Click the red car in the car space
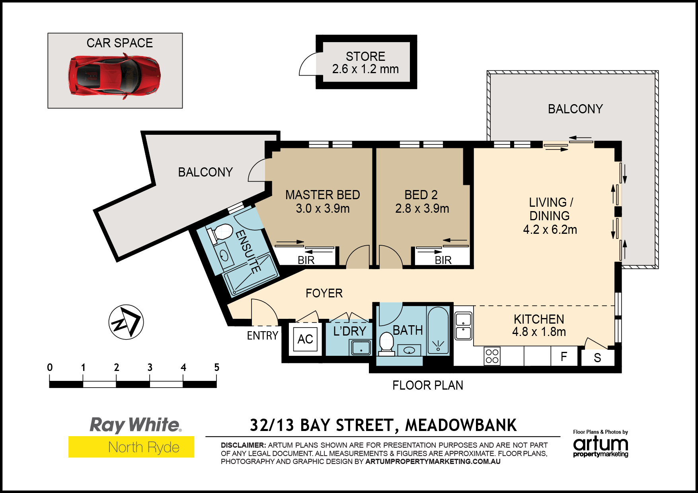(115, 76)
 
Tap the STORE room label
(365, 56)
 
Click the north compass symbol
(126, 322)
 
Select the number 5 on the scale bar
(216, 367)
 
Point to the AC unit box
(305, 339)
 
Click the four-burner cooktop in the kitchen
(492, 356)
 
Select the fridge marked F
(564, 356)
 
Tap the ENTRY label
(263, 336)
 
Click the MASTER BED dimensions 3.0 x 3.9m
(323, 209)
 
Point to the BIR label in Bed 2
(443, 260)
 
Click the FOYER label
(324, 293)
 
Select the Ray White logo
(135, 425)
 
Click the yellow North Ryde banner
(131, 447)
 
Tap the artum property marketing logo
(601, 444)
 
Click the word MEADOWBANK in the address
(461, 425)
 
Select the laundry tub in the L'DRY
(361, 348)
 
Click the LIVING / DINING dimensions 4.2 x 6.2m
(550, 230)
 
